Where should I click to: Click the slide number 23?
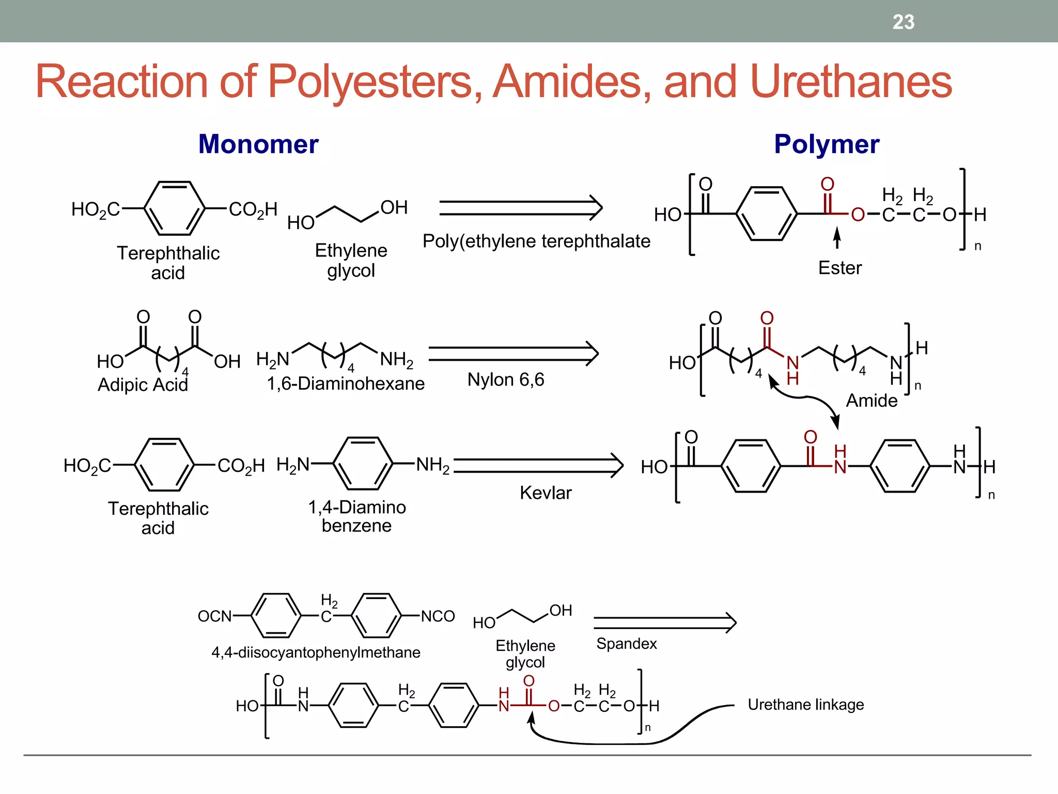(x=903, y=22)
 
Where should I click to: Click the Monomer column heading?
(x=258, y=144)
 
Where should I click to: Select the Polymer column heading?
(x=827, y=144)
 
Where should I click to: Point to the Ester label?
(x=840, y=268)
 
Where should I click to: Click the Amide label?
(x=872, y=401)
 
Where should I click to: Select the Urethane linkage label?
(x=806, y=705)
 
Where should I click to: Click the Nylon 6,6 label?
(x=506, y=380)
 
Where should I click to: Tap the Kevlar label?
(x=546, y=493)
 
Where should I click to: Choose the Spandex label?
(x=626, y=644)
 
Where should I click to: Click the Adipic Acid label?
(x=143, y=385)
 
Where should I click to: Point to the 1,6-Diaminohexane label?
(x=346, y=384)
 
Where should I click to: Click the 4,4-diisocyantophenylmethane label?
(x=316, y=652)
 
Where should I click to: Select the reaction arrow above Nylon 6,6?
(x=513, y=354)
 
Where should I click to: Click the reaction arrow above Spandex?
(x=665, y=622)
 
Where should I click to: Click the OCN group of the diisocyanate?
(x=215, y=616)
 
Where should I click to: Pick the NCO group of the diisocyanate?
(x=438, y=616)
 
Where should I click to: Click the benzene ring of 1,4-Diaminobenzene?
(x=363, y=463)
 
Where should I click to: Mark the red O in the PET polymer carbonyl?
(x=828, y=184)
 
